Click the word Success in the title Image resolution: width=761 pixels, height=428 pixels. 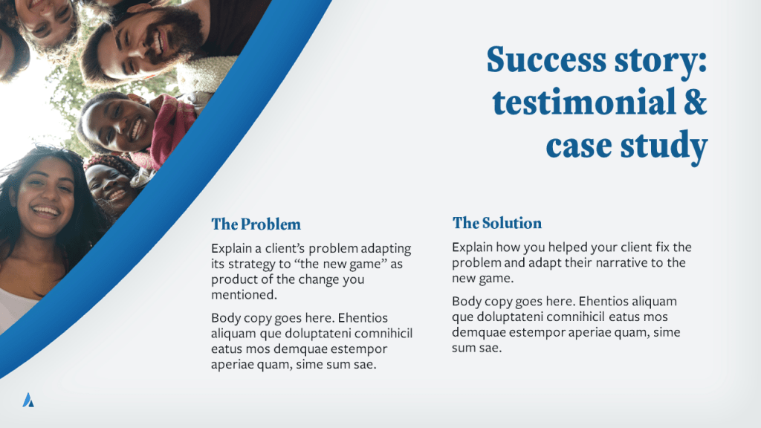pos(546,59)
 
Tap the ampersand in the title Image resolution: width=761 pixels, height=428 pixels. pos(696,102)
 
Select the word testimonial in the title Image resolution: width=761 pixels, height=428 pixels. pos(584,102)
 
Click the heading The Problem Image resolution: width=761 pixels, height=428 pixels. pos(256,224)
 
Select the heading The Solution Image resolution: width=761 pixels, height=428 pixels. pos(497,223)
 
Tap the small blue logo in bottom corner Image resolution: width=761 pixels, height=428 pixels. pos(28,400)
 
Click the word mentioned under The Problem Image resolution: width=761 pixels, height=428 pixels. pos(244,294)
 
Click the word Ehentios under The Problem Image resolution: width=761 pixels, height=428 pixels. pos(363,318)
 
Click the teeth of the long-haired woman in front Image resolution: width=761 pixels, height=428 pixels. pos(45,212)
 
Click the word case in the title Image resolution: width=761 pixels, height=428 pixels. pos(578,146)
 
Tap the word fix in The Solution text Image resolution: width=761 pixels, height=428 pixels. pos(662,247)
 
